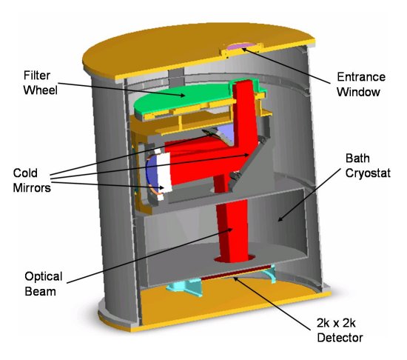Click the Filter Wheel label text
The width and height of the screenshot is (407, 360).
41,83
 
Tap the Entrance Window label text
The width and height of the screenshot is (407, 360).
361,84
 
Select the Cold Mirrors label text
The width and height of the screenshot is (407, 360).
32,180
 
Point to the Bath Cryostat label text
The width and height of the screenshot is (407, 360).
368,165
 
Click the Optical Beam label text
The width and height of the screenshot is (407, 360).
44,284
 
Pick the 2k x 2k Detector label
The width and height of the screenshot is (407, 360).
340,330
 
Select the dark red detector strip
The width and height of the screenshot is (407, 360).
235,272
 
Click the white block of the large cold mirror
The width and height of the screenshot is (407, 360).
164,173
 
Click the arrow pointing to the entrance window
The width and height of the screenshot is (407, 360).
286,65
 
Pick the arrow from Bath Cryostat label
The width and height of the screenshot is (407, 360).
309,195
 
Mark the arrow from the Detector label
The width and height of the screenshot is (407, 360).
272,304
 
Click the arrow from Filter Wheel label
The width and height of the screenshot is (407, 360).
121,90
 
